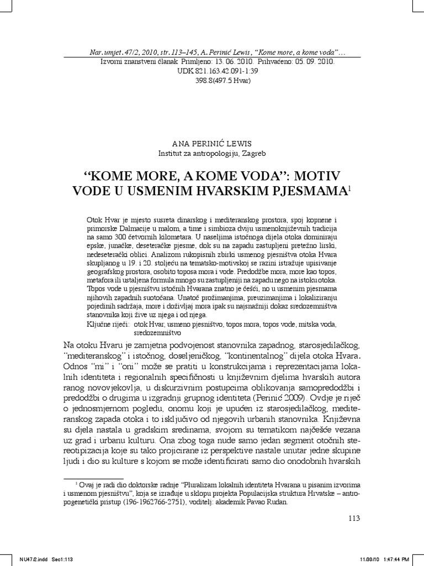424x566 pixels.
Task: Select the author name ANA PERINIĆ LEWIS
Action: pos(212,143)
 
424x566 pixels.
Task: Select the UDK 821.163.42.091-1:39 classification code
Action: pos(212,71)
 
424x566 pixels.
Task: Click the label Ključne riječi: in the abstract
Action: pos(108,324)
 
